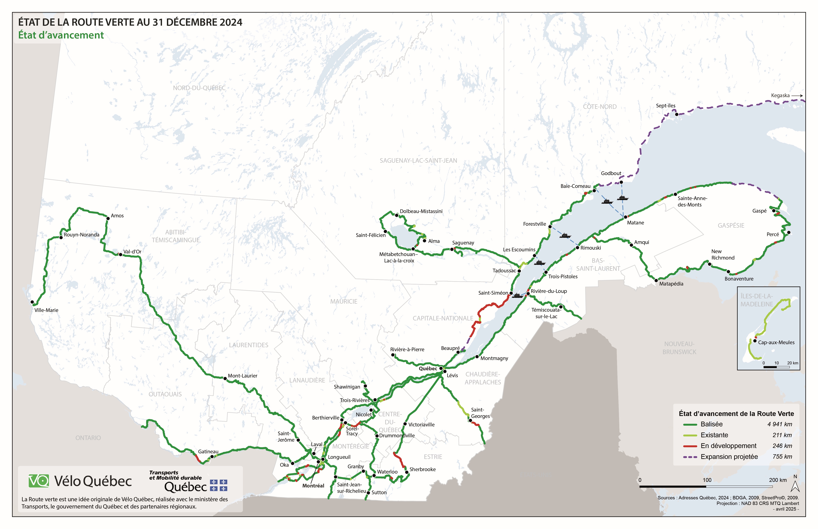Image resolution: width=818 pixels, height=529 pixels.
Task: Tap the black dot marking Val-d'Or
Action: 120,255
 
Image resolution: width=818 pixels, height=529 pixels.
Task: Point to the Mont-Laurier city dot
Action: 225,378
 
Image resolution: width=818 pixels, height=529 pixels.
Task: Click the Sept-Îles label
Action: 665,106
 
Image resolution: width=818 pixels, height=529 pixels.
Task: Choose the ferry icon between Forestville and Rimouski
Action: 565,236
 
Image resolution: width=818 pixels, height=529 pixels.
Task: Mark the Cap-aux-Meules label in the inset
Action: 776,342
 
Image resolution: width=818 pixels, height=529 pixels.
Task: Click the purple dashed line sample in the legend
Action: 690,457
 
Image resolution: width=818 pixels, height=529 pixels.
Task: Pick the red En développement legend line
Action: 690,446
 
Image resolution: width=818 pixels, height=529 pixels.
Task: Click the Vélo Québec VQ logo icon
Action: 38,481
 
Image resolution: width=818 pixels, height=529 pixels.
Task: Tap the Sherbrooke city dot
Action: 407,472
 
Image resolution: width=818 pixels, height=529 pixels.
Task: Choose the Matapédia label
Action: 671,284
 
